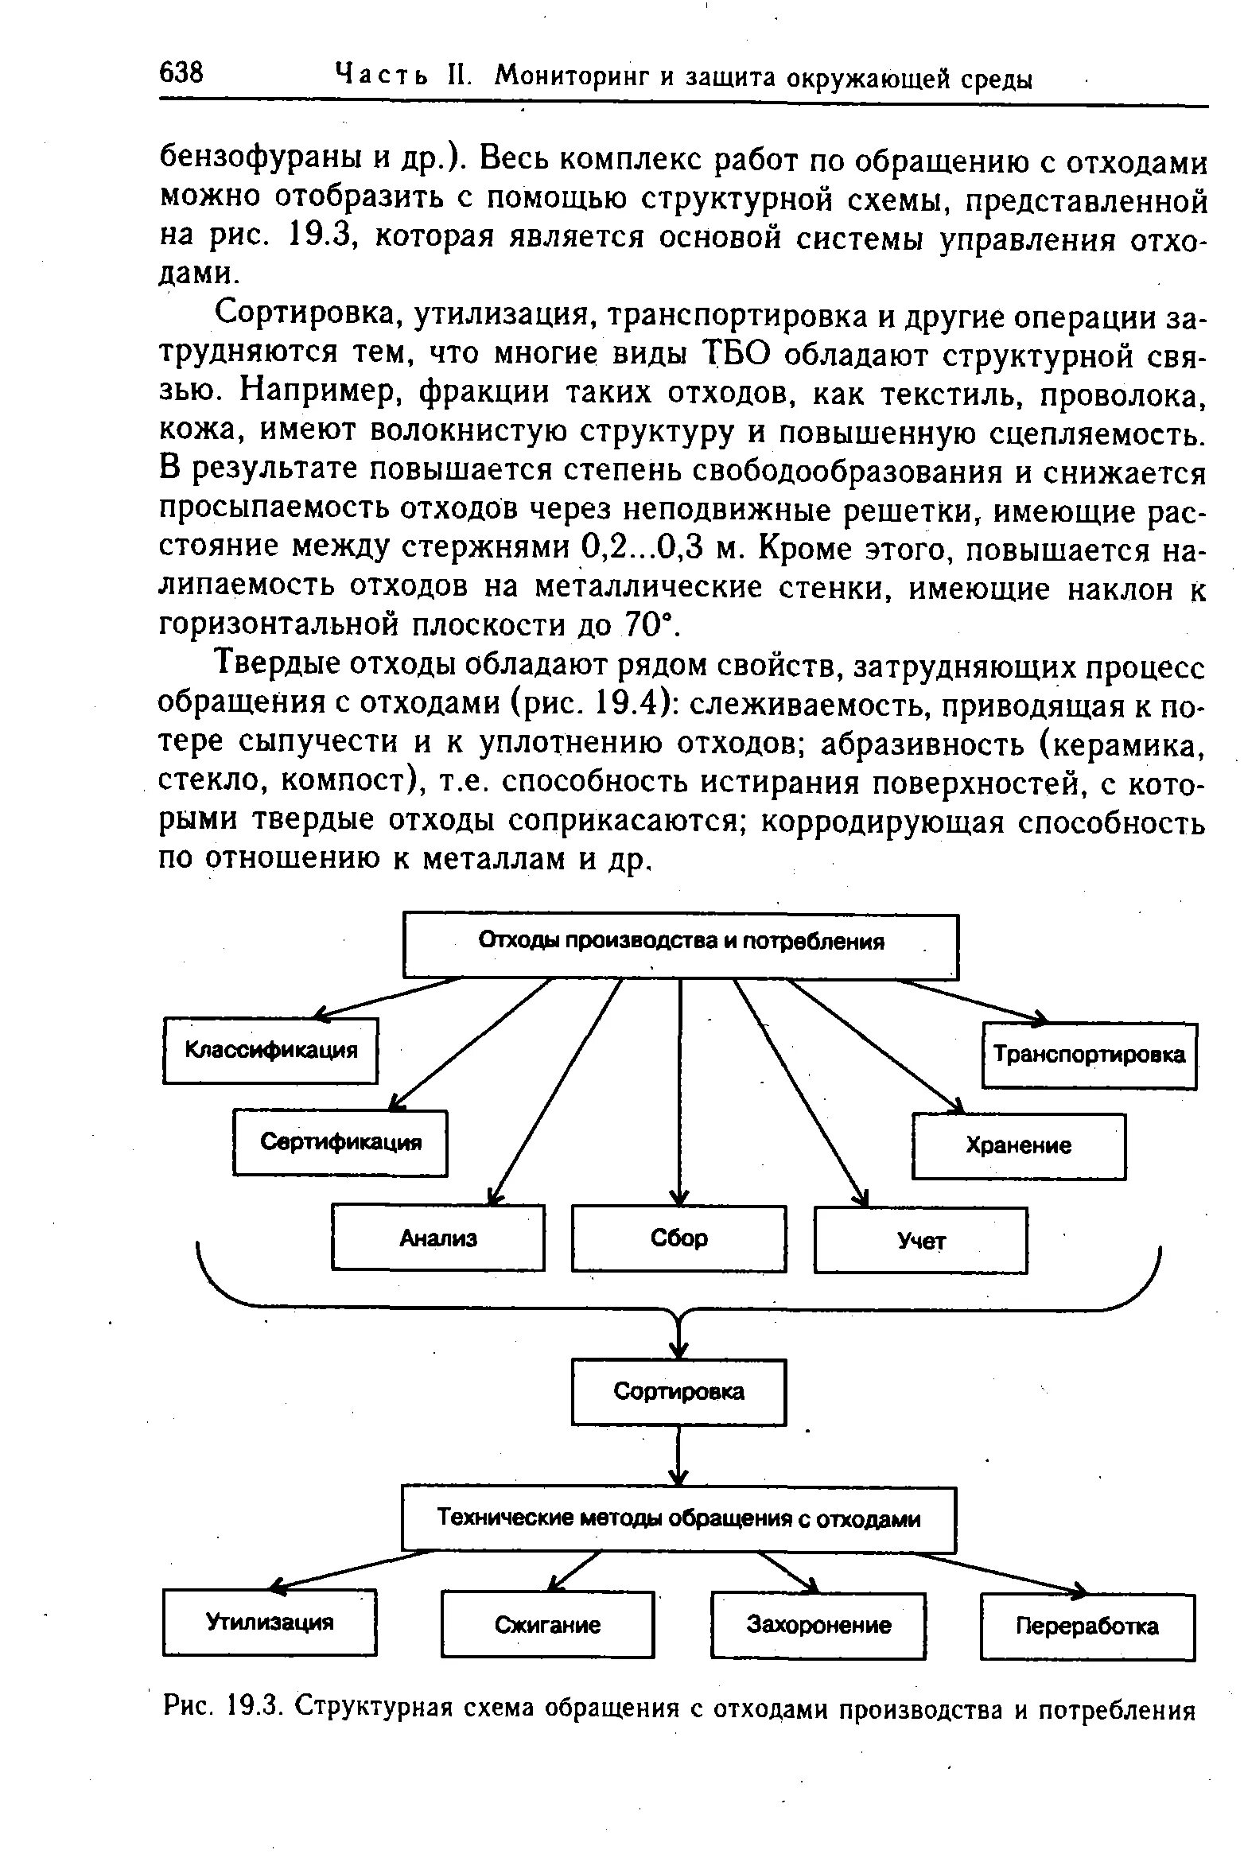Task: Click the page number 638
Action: [182, 73]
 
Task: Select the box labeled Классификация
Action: [270, 1050]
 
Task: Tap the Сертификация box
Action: [340, 1143]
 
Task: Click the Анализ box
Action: [437, 1238]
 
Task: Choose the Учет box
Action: [921, 1240]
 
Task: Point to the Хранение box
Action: [1018, 1146]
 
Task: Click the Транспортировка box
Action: [1089, 1055]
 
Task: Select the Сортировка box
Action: [678, 1392]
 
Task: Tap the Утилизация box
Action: [270, 1623]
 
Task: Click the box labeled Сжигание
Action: [547, 1625]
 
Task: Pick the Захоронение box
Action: [818, 1625]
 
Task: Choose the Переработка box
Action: [1087, 1627]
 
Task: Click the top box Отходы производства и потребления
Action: [681, 945]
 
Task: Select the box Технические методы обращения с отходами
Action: [678, 1519]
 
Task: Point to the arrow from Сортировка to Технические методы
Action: [678, 1455]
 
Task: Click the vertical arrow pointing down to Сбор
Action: [679, 1090]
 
